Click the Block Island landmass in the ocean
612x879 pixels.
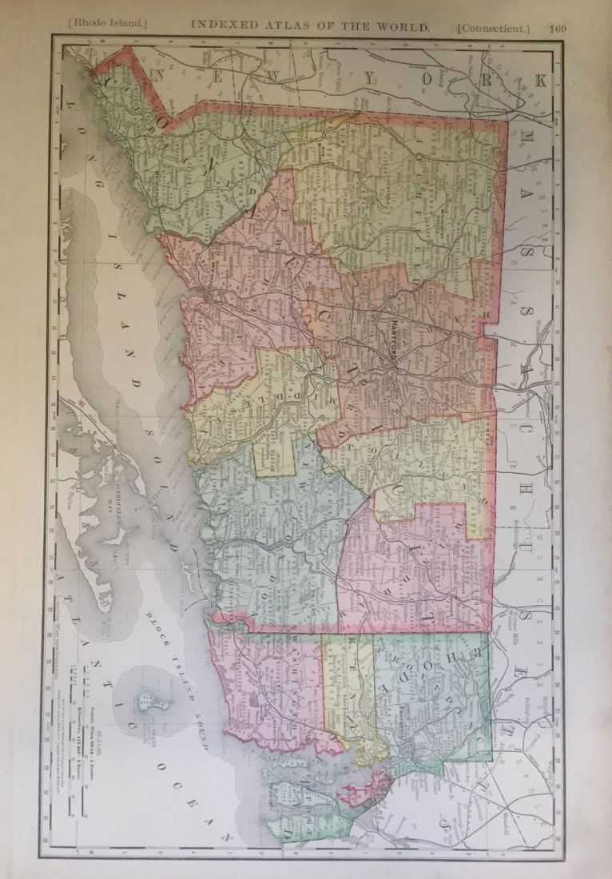(145, 702)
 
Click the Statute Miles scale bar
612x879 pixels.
(83, 687)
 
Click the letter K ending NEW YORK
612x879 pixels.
(539, 80)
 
